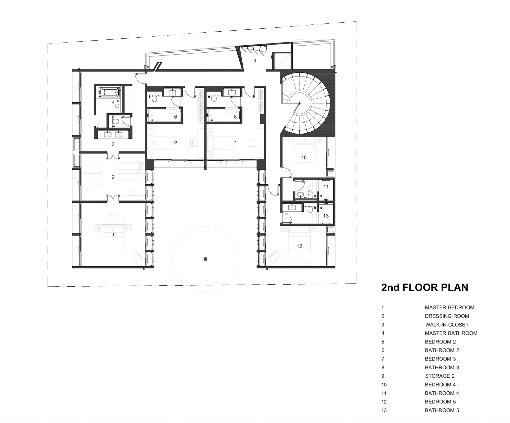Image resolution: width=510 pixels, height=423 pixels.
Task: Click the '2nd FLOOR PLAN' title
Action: [425, 287]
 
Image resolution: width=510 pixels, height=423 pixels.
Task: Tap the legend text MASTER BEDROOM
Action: [449, 307]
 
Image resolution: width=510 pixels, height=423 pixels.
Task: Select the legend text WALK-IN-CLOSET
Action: [447, 325]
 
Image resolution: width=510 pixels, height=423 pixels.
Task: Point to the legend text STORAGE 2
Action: [440, 376]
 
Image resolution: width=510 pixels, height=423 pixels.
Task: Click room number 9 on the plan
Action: [255, 61]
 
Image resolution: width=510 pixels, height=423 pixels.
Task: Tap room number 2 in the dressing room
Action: [113, 177]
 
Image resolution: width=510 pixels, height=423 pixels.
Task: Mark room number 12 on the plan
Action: [300, 246]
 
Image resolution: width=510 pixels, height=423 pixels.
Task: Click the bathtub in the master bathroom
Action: [109, 92]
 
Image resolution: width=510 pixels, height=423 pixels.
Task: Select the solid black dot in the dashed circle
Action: [205, 259]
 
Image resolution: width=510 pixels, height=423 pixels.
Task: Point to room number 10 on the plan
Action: [304, 157]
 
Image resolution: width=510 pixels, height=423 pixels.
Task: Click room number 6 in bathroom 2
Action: [176, 117]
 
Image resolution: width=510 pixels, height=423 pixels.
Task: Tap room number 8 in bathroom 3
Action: [235, 117]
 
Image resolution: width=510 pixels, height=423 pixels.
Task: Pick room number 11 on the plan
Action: [326, 187]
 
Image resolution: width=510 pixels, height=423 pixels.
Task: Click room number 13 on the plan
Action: [326, 216]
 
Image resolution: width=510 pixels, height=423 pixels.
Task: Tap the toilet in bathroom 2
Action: [154, 98]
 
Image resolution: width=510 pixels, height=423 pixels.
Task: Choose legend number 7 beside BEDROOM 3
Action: [383, 359]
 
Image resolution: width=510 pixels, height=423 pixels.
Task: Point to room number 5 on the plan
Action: [176, 142]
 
